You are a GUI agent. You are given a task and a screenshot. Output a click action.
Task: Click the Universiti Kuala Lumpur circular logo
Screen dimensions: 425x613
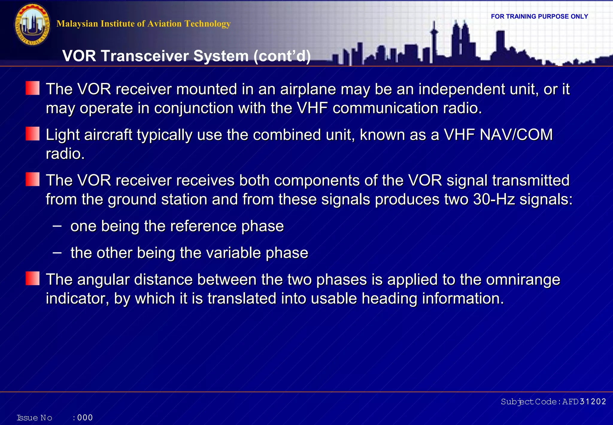pos(32,25)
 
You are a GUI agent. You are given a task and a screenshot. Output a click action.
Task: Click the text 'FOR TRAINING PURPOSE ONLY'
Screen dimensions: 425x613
pos(539,16)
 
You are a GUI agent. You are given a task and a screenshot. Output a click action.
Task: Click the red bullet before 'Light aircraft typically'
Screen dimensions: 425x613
pos(33,134)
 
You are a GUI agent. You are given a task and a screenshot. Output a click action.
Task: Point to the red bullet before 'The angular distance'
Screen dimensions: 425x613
pos(33,278)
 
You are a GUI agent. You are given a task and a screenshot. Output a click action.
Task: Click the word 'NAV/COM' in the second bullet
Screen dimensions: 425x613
pos(516,135)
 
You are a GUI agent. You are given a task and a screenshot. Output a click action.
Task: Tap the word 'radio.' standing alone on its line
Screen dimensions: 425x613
pos(65,154)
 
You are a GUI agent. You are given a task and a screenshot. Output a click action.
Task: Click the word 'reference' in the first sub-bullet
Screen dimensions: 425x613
pos(203,226)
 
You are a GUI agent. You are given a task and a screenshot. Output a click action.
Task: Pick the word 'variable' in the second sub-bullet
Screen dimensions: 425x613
pos(233,253)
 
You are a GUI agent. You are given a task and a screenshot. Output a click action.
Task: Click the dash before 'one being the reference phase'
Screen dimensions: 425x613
pos(57,226)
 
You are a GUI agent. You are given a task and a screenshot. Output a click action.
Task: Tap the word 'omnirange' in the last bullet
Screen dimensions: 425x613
pos(523,280)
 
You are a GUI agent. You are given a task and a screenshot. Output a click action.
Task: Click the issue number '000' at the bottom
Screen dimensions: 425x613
pos(85,418)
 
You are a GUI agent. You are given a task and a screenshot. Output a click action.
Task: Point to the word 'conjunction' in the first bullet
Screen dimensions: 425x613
pos(194,108)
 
